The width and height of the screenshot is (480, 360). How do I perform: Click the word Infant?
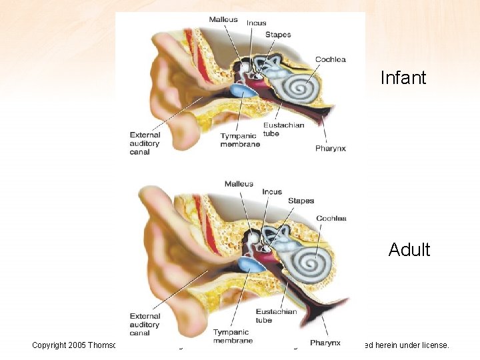[403, 78]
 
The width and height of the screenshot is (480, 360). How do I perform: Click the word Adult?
[409, 250]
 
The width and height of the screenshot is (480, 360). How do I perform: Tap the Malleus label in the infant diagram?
[223, 19]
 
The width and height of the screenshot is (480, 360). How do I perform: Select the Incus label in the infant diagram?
[257, 23]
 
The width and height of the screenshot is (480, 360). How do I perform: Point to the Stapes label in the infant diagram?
[277, 35]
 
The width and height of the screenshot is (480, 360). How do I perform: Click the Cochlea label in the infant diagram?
[331, 59]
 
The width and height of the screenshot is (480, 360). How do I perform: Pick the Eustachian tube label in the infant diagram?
[283, 129]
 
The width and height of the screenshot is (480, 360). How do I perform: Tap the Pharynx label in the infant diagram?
[331, 148]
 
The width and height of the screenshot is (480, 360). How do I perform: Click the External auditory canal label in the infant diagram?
[145, 143]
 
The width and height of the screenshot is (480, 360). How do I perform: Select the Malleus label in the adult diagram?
[239, 183]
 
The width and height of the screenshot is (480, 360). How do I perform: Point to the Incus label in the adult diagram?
[272, 192]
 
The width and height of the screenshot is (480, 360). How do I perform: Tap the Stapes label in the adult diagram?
[301, 201]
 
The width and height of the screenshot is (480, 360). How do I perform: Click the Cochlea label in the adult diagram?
[331, 218]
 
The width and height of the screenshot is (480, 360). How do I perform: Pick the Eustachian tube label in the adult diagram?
[273, 315]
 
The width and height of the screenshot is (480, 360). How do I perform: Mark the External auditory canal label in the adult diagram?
[145, 325]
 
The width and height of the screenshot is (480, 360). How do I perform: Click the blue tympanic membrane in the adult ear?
[249, 265]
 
